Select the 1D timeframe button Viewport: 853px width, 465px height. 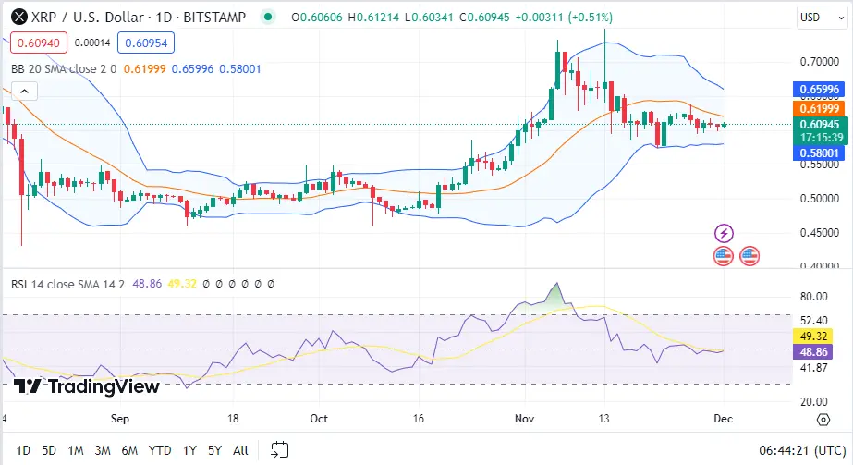pos(24,450)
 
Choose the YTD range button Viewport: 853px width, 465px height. pos(159,450)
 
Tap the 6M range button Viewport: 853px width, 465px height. pos(129,450)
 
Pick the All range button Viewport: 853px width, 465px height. pos(240,450)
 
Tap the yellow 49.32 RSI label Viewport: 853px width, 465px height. pos(819,336)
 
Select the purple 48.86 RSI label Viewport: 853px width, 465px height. pos(819,352)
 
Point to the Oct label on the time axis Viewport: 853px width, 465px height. pos(319,418)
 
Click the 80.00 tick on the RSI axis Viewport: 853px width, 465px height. pos(813,297)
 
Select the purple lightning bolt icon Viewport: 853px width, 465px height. pos(725,233)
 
